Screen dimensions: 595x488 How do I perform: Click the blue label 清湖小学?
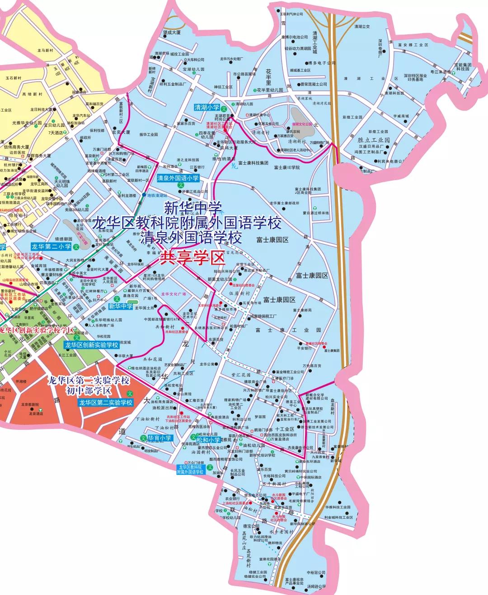[206, 107]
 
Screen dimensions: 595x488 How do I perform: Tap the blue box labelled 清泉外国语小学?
[178, 178]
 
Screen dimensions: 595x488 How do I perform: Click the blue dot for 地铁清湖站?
[144, 195]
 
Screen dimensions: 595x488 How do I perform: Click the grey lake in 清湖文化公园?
[300, 119]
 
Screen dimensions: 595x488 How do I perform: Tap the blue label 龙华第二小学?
[51, 246]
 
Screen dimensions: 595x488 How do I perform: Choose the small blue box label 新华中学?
[121, 306]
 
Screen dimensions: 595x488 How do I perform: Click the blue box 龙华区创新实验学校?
[91, 345]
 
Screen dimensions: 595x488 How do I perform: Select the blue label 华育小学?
[160, 437]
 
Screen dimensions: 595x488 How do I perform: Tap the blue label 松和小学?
[208, 439]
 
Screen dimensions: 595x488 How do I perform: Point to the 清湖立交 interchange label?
[362, 27]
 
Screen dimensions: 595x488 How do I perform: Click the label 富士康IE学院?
[287, 167]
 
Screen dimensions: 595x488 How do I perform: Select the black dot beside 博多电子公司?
[306, 64]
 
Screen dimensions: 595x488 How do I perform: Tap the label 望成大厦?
[172, 33]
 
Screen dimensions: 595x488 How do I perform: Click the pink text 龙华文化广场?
[174, 294]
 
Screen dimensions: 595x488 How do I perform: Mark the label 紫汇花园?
[241, 375]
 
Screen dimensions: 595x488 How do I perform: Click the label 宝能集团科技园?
[463, 67]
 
